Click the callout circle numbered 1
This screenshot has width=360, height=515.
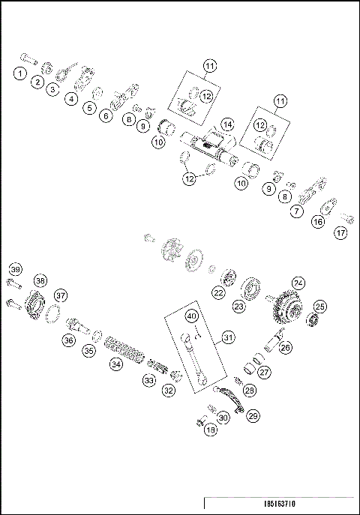19,73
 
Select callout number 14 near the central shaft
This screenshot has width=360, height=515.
227,124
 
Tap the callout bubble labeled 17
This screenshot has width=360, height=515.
341,233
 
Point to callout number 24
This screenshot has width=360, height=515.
298,283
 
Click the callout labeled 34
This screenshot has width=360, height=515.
115,364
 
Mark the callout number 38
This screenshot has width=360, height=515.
40,280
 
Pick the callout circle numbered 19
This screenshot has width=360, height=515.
210,430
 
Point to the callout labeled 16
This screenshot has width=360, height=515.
318,222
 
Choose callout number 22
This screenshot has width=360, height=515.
218,292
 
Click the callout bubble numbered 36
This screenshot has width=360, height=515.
69,340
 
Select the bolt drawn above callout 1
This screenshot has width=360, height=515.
28,57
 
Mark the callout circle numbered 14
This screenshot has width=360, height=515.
227,124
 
